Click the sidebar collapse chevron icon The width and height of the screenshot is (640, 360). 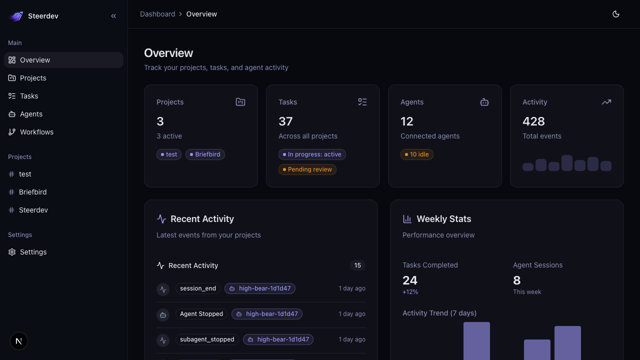(x=113, y=16)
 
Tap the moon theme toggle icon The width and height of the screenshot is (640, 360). (x=616, y=14)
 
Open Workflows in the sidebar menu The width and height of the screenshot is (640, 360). (x=36, y=132)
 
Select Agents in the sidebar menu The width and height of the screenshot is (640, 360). (x=31, y=114)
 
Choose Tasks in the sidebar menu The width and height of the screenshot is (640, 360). (x=29, y=96)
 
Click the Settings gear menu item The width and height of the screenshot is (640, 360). (x=33, y=252)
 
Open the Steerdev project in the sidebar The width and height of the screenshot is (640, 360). (x=33, y=210)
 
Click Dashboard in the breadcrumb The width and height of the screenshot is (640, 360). (x=157, y=14)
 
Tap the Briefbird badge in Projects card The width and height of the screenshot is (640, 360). (x=205, y=154)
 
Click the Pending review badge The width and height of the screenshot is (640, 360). (x=307, y=169)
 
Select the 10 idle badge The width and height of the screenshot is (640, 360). (x=417, y=154)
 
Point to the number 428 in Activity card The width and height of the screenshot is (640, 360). (x=533, y=121)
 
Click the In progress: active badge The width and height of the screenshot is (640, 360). (x=312, y=154)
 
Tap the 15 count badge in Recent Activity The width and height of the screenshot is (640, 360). (x=357, y=265)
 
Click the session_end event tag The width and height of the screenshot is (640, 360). (x=198, y=288)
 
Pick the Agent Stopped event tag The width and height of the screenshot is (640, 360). (x=201, y=314)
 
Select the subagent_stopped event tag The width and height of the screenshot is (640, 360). (x=207, y=339)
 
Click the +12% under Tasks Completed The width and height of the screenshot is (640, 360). (x=410, y=292)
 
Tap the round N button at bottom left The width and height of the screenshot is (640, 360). (x=19, y=341)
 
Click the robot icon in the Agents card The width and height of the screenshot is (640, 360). (x=484, y=102)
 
